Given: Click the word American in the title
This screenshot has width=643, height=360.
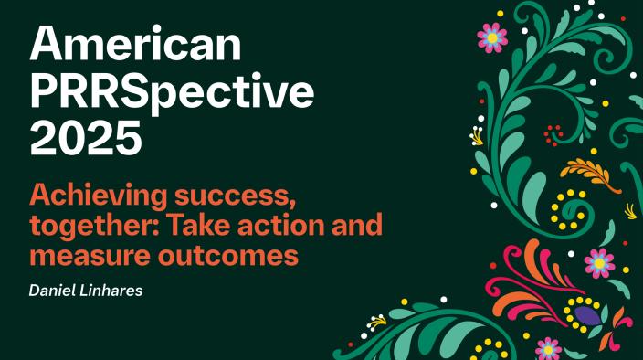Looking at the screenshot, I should pos(136,44).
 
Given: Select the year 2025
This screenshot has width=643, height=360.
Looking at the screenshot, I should pos(87,140).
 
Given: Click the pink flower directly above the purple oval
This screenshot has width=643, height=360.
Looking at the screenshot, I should pos(599,263).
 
